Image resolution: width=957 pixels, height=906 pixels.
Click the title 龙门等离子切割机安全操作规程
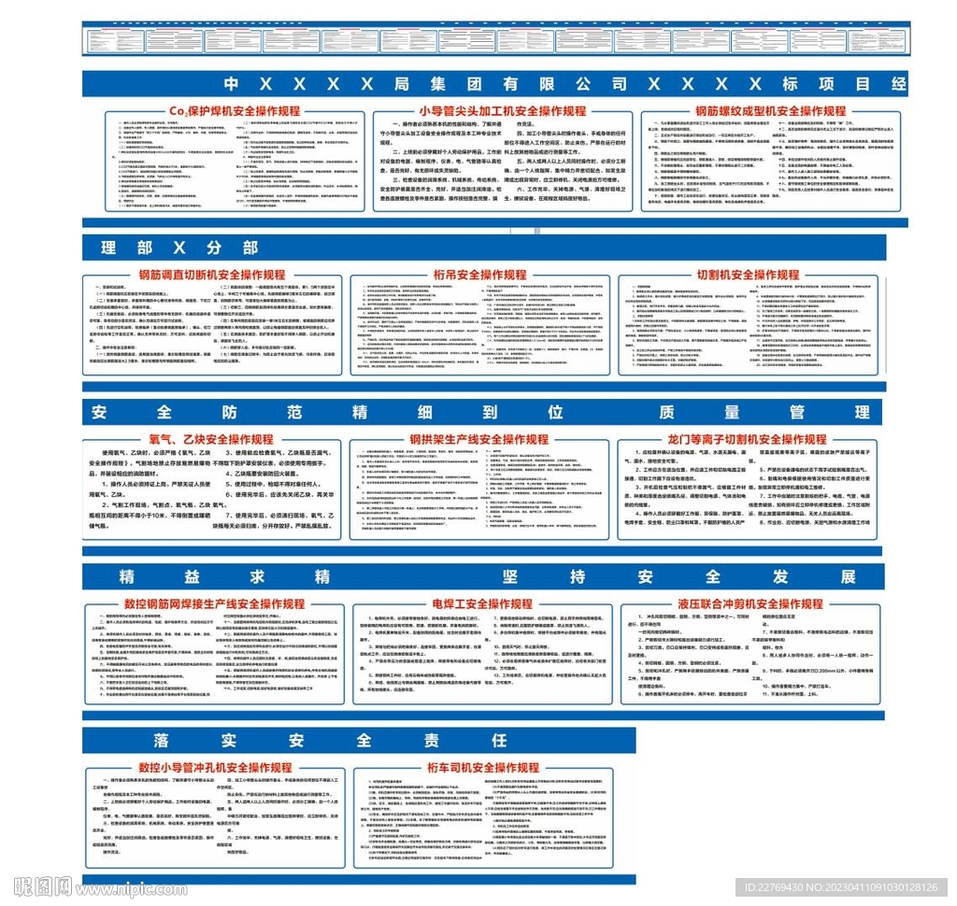(x=748, y=439)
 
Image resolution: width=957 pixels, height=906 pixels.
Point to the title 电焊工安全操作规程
(x=482, y=603)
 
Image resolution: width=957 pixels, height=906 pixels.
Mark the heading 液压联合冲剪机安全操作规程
(x=750, y=603)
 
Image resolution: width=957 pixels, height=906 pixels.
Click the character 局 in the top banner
(x=403, y=83)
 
